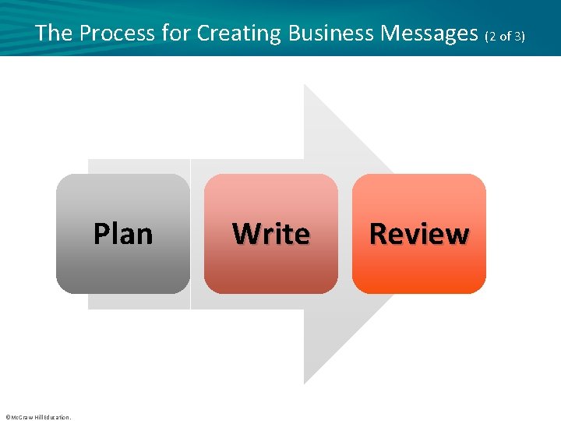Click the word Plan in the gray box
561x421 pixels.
[x=123, y=234]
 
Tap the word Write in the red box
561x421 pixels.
[x=271, y=234]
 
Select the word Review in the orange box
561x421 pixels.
[x=419, y=234]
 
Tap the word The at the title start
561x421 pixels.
[x=53, y=33]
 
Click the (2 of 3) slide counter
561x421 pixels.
[x=506, y=35]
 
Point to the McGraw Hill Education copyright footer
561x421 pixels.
[x=37, y=417]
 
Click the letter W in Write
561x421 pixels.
[x=245, y=234]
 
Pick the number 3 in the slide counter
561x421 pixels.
[x=519, y=35]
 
